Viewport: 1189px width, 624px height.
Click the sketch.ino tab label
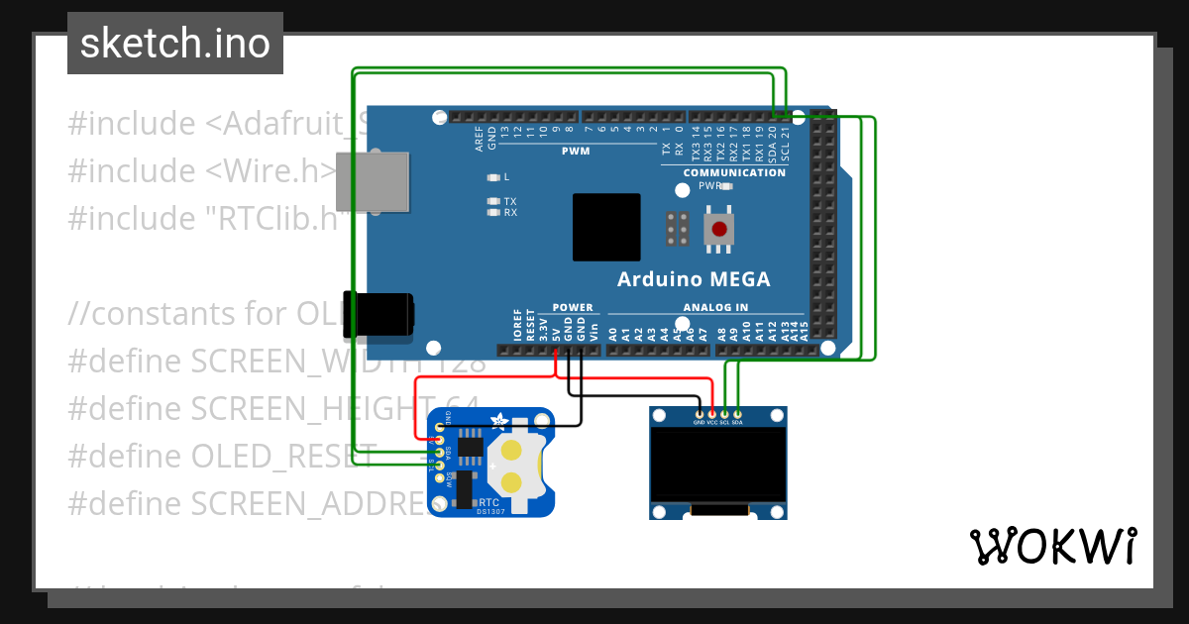coord(175,44)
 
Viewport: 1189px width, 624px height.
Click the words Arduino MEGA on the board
coord(693,278)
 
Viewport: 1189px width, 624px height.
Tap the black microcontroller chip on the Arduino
coord(605,227)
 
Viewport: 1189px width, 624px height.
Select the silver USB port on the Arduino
coord(373,182)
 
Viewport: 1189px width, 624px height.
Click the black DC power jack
coord(378,314)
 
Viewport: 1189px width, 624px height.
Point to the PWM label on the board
coord(575,152)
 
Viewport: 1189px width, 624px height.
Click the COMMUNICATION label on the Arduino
coord(734,172)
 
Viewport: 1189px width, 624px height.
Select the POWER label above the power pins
coord(573,307)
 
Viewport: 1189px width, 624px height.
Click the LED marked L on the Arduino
coord(494,177)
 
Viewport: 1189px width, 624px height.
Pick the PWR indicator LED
coord(726,185)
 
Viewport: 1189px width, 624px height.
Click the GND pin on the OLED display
coord(700,413)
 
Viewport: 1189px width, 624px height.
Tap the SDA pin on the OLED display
coord(737,413)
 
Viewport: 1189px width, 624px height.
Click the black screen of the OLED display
coord(718,464)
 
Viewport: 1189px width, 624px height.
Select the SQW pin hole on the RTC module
coord(439,478)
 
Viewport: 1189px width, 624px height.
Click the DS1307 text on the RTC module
coord(489,511)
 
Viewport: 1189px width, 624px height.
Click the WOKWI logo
coord(1052,546)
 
